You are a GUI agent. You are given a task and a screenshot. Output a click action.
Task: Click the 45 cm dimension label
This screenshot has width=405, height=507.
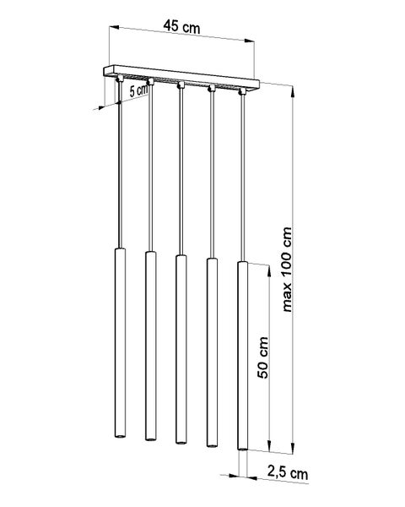pyautogui.click(x=181, y=26)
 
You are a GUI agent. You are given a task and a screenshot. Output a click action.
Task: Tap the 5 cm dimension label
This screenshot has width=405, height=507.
pyautogui.click(x=139, y=90)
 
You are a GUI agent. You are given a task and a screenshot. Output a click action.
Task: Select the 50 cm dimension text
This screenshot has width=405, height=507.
pyautogui.click(x=263, y=357)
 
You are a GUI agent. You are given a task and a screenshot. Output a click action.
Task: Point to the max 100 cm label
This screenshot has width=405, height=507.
pyautogui.click(x=287, y=270)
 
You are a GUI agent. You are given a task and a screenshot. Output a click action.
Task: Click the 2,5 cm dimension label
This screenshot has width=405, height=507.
pyautogui.click(x=288, y=472)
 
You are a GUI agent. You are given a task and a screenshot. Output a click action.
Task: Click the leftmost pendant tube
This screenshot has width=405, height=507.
pyautogui.click(x=120, y=343)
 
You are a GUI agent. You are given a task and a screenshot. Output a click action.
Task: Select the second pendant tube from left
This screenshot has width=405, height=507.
pyautogui.click(x=150, y=346)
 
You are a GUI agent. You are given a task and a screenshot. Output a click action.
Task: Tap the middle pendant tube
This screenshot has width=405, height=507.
pyautogui.click(x=181, y=349)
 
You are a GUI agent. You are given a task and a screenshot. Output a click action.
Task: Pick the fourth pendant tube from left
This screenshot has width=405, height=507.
pyautogui.click(x=212, y=352)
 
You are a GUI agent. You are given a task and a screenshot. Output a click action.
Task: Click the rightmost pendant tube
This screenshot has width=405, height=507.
pyautogui.click(x=242, y=356)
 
